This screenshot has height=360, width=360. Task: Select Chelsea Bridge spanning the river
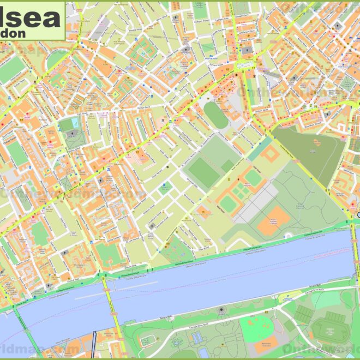tap(355, 256)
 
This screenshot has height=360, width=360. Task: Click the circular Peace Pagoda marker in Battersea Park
tap(221, 310)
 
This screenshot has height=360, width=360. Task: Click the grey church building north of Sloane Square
tap(248, 50)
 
